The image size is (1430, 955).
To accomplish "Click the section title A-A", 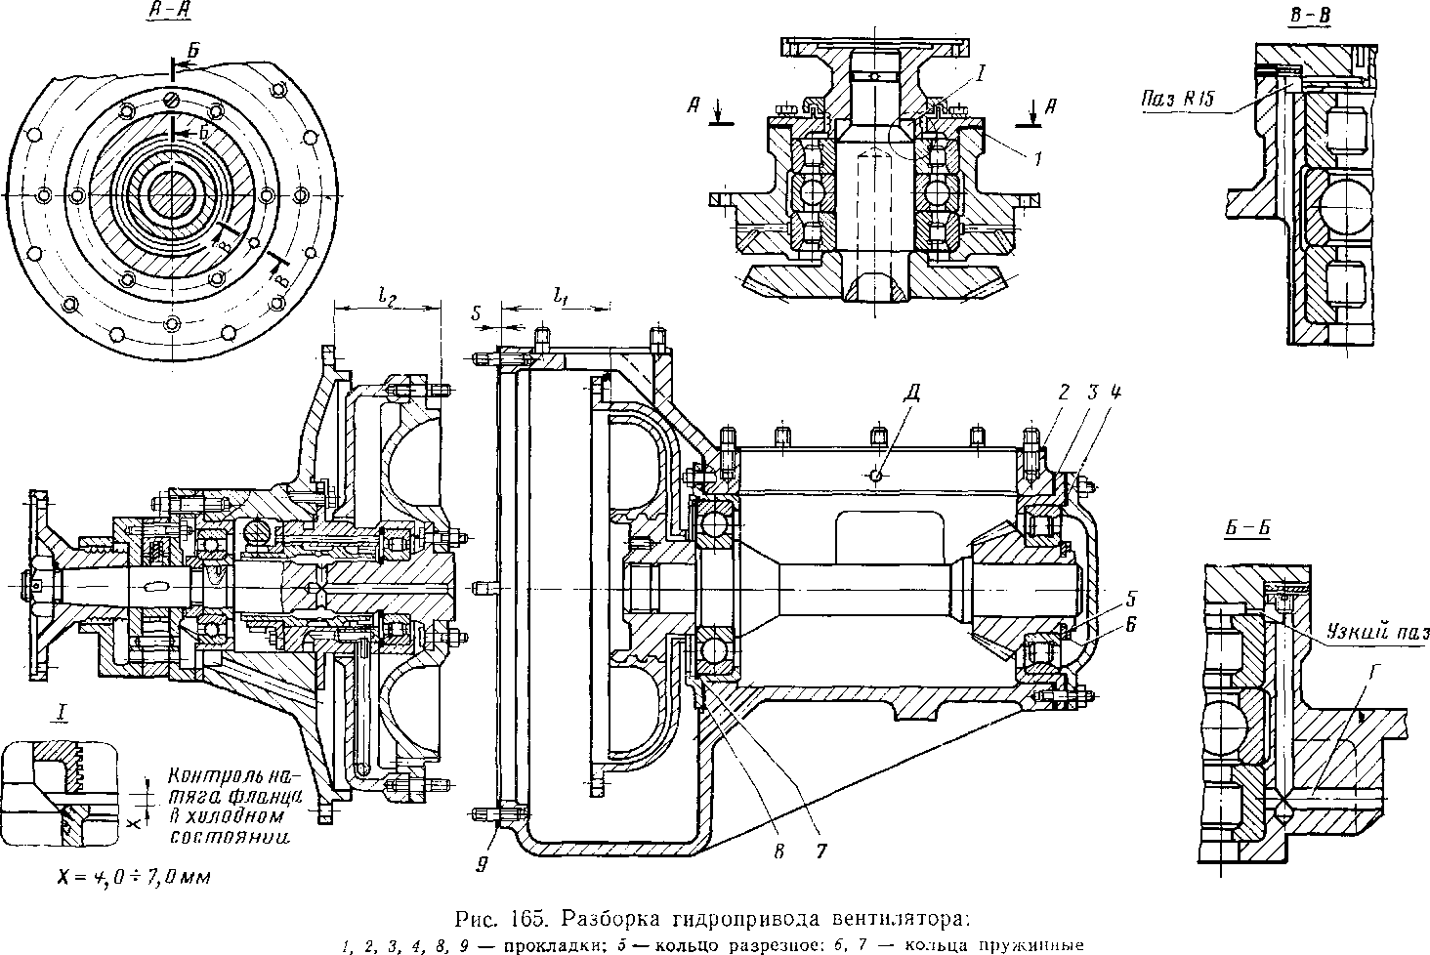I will [166, 12].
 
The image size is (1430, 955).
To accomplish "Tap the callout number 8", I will [778, 850].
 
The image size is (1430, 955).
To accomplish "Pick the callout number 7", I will [820, 850].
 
